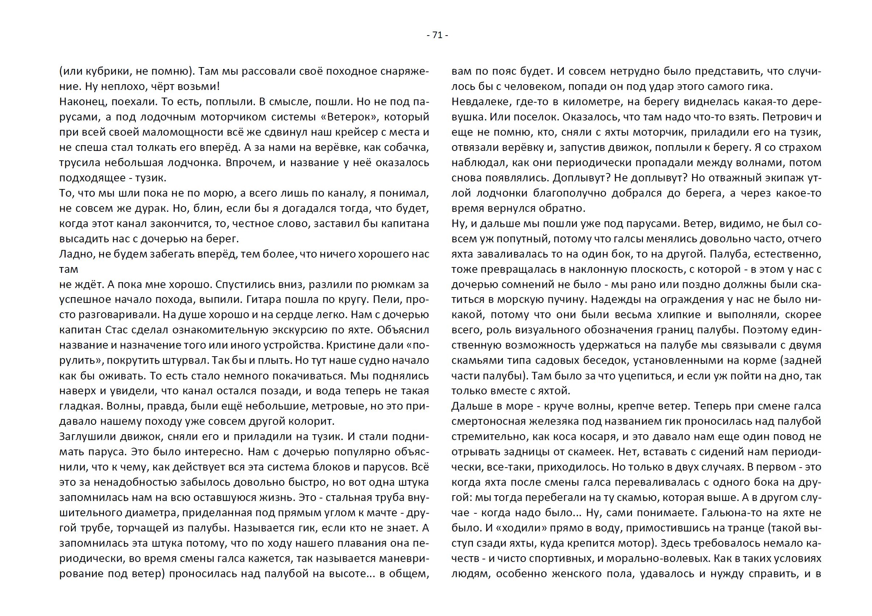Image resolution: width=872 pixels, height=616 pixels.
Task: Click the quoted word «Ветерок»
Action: [350, 117]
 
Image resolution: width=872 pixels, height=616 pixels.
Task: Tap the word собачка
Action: [406, 147]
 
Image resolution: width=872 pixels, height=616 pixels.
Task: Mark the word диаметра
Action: [150, 513]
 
